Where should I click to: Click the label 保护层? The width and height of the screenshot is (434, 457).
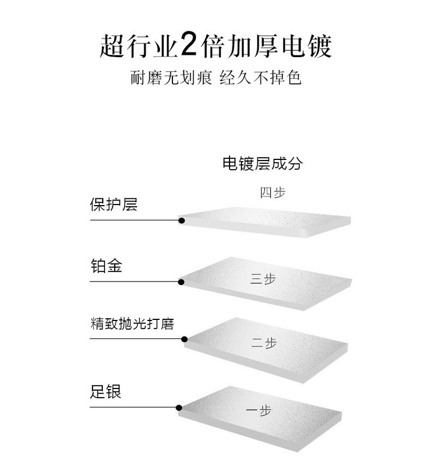pos(114,205)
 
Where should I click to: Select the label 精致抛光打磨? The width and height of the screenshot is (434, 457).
pos(132,324)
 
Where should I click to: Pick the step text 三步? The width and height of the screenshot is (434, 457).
pos(263,279)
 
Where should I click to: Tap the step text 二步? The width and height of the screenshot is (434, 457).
pos(264,343)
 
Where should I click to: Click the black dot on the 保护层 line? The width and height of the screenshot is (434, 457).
pos(181,220)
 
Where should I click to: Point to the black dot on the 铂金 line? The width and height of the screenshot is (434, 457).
pos(181,282)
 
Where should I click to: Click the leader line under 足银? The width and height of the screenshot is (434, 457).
pos(134,407)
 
